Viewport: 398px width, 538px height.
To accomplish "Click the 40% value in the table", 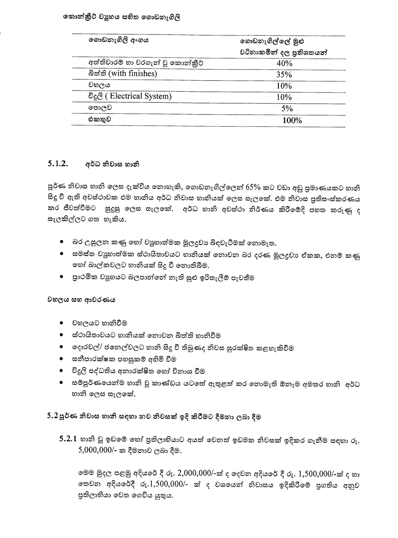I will pos(284,63).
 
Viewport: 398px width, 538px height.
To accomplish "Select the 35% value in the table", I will pos(284,75).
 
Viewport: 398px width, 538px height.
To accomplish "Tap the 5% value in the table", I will pos(287,109).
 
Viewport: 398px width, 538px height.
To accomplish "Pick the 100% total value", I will pos(292,120).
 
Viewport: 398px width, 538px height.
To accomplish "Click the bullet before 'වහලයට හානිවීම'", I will pos(61,323).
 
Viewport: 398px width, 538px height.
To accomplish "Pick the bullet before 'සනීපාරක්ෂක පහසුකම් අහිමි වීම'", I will pos(61,359).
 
